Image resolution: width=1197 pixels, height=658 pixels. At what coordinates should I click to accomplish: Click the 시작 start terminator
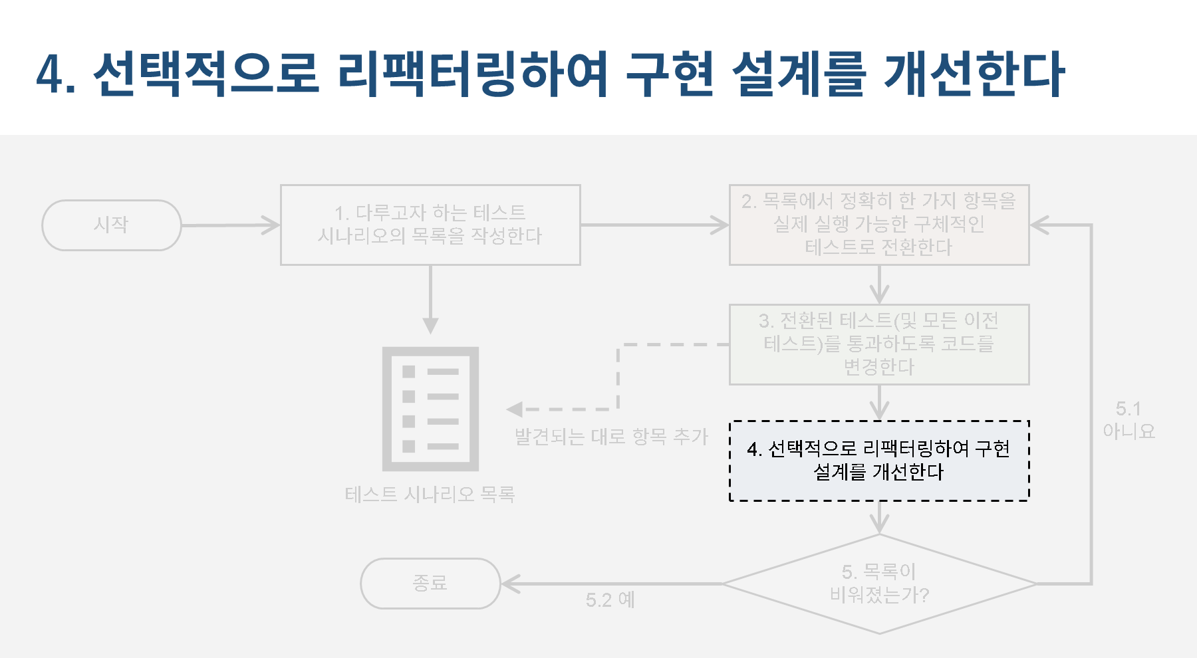111,225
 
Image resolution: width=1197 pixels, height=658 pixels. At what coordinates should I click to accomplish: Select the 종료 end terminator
430,584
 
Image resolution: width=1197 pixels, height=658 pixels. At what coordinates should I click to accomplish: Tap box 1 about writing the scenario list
430,225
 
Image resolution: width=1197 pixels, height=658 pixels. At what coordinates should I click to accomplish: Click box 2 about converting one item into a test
879,225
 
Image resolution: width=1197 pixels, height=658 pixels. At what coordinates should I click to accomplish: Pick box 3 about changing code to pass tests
879,344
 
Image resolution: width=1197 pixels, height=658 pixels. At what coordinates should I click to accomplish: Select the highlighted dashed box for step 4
879,461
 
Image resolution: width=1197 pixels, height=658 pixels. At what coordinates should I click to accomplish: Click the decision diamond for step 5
879,584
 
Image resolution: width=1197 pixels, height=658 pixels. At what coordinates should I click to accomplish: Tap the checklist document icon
430,409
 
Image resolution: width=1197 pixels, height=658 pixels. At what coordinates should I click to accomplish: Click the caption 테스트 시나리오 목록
430,494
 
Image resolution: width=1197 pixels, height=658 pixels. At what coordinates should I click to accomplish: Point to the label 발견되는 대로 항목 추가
611,437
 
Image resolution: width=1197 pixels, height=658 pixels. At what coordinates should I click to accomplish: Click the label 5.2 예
610,600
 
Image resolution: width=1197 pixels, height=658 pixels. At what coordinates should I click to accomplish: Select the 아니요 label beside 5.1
1129,431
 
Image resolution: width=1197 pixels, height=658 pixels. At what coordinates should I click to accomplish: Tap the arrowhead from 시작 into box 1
271,225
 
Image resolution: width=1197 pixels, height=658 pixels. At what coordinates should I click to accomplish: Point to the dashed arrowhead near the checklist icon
515,409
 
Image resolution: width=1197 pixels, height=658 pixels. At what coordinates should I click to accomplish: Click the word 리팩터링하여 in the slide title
472,73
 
